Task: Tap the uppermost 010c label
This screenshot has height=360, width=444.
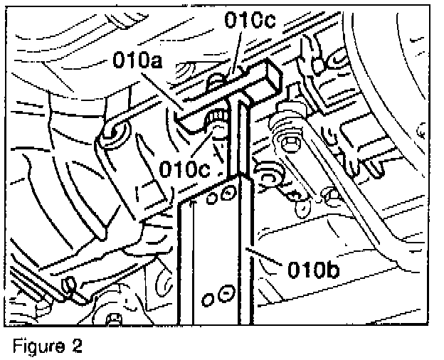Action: coord(250,19)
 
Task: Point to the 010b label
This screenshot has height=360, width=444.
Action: coord(314,270)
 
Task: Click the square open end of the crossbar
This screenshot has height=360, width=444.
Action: coord(272,73)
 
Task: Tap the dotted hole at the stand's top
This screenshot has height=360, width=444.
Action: coord(227,191)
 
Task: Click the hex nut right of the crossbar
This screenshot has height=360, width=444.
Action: coord(292,145)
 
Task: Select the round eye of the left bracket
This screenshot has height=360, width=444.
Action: coord(115,132)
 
